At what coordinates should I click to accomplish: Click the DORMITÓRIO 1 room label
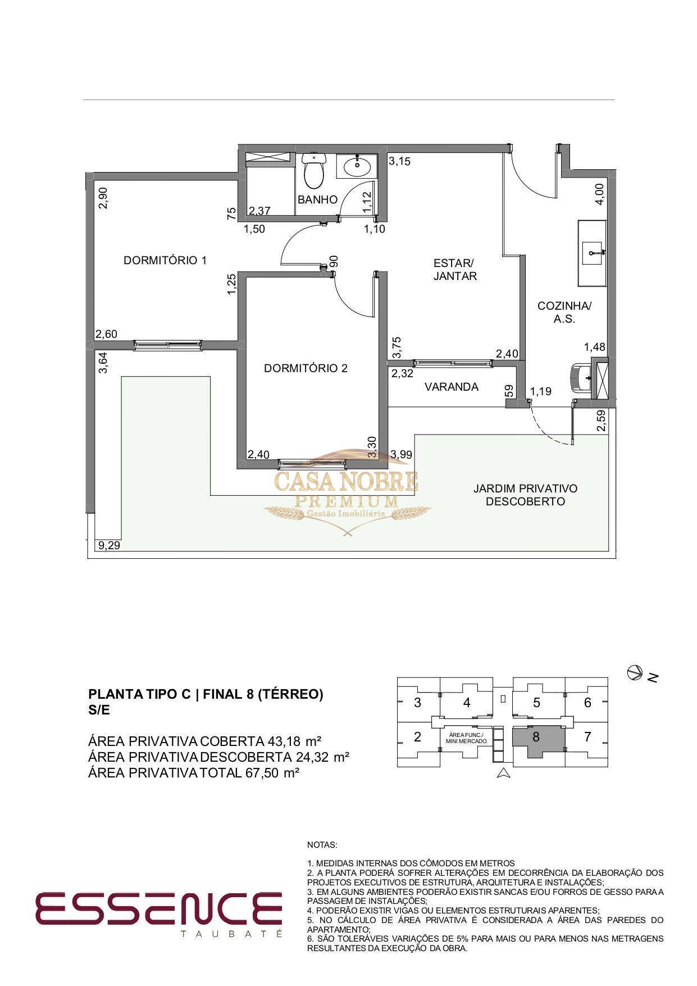click(x=165, y=260)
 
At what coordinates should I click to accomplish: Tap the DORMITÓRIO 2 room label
click(x=306, y=368)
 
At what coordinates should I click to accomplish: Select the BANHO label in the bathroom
click(x=317, y=200)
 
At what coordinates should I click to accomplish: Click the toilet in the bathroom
click(x=314, y=169)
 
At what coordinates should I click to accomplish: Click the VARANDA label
click(x=452, y=387)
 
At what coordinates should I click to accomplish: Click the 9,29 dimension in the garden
click(x=108, y=545)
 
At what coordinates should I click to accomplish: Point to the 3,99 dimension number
click(x=402, y=454)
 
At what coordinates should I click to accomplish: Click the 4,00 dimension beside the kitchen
click(x=600, y=194)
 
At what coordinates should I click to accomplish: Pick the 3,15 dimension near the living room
click(x=400, y=161)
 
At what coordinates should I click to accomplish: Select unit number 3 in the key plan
click(x=417, y=703)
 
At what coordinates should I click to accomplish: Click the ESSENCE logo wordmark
click(x=159, y=907)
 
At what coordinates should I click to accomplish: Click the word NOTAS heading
click(x=322, y=844)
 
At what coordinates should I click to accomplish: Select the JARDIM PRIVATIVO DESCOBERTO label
click(x=525, y=495)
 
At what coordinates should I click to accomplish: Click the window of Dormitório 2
click(x=312, y=464)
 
